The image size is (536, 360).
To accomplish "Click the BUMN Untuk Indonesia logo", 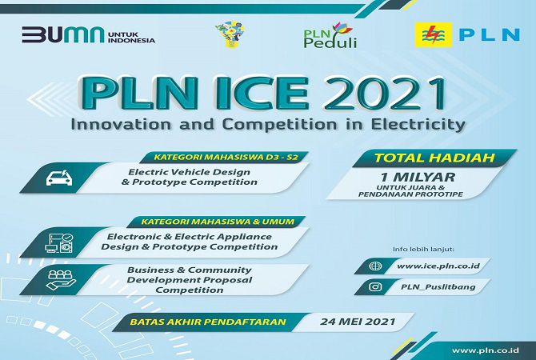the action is [x=89, y=35].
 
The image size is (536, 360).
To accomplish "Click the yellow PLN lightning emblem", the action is [x=433, y=34].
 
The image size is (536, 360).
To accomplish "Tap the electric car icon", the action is [x=59, y=178].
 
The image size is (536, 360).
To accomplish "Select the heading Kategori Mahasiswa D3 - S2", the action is [x=226, y=158].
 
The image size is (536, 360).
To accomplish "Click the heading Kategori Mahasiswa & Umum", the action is [x=218, y=222].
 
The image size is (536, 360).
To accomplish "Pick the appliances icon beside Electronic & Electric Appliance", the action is [x=59, y=242].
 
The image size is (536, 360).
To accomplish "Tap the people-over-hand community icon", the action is [x=61, y=280].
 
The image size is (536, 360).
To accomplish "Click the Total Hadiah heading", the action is [x=434, y=158].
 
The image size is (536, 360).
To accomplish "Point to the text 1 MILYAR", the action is [x=418, y=177].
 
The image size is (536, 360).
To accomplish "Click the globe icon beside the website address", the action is [x=375, y=266].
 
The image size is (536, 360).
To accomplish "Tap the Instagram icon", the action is [x=375, y=286].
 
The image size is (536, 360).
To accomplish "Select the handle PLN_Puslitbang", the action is [x=438, y=287].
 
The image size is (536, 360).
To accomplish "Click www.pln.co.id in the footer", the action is [x=486, y=350].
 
